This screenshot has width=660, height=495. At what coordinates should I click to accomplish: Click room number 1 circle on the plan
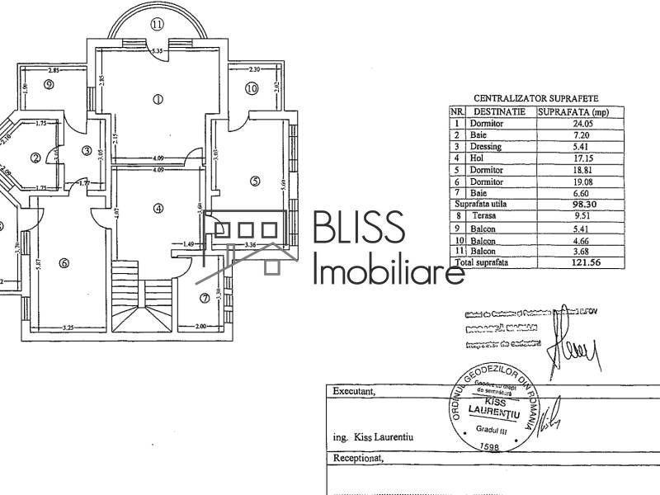pos(158,99)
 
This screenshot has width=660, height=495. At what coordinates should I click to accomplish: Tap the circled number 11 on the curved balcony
pos(158,25)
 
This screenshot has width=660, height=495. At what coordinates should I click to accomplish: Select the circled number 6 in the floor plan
pos(64,263)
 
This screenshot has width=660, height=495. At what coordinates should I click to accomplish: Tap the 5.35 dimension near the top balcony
pos(158,52)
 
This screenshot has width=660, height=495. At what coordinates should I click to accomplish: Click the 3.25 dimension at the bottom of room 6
pos(70,328)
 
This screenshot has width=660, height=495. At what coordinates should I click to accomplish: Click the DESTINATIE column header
pos(498,111)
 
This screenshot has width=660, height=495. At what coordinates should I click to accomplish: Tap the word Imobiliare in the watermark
pos(390,270)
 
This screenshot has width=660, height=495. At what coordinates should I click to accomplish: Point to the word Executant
pos(352,392)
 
